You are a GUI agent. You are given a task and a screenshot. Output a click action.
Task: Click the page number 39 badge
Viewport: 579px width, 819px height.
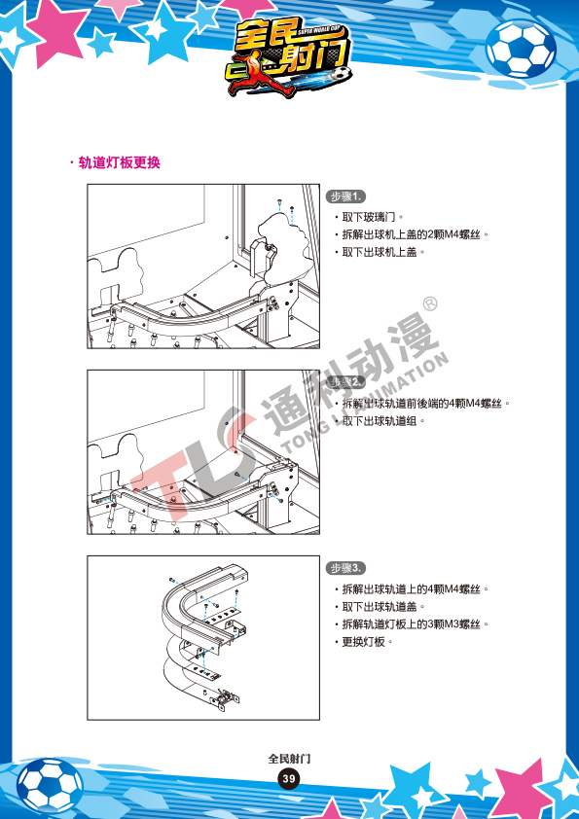288,779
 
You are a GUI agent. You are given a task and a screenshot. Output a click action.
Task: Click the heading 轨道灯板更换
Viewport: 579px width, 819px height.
119,162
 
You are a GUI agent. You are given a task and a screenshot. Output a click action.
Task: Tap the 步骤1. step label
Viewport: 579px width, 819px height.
345,196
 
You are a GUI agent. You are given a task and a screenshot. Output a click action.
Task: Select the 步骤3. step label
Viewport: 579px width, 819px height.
345,568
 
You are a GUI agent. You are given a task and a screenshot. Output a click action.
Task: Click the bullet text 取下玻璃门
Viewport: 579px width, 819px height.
369,217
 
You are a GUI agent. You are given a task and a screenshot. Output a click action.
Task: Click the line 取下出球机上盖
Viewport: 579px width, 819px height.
380,252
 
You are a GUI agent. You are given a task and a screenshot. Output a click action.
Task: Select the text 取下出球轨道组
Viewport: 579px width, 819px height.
380,420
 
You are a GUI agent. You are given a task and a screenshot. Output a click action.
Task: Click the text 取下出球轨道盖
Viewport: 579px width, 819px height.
380,607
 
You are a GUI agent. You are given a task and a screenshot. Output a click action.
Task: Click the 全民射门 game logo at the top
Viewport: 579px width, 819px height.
288,57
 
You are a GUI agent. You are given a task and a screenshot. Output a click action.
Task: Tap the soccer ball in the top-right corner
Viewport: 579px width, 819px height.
521,48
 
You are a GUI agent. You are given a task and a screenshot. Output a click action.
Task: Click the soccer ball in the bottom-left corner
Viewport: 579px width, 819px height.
49,786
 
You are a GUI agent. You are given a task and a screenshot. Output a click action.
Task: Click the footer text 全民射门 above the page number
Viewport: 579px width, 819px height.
289,759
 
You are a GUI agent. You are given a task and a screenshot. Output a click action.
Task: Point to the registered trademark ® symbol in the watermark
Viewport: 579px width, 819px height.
430,304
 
